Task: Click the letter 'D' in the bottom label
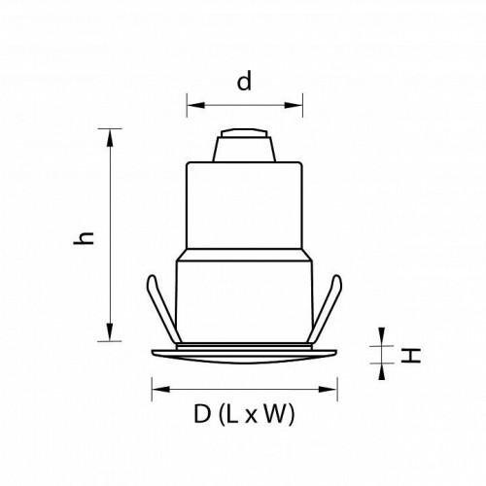pos(201,415)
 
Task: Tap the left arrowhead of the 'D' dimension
pos(155,392)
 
